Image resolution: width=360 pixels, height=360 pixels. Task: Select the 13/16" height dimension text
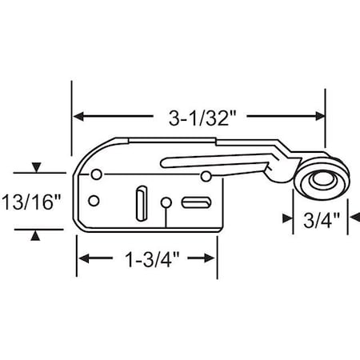pos(31,202)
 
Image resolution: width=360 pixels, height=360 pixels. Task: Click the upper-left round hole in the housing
pos(97,174)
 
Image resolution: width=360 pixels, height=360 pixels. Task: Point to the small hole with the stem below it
pos(166,202)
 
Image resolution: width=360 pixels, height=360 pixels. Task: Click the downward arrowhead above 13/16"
pos(34,169)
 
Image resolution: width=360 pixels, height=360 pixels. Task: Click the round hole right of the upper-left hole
pos(206,175)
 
